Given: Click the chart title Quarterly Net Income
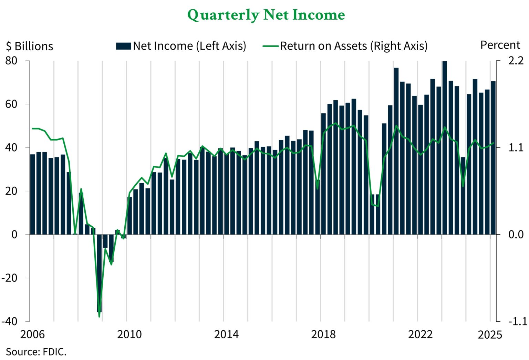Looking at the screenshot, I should click(266, 15).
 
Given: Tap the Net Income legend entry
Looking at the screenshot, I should click(181, 46).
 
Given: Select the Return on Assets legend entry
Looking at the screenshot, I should click(345, 46).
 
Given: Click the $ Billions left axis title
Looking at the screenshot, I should click(30, 46).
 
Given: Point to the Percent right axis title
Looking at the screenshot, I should click(500, 45).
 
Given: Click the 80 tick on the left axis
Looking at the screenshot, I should click(11, 61).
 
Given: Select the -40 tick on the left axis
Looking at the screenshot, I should click(10, 321).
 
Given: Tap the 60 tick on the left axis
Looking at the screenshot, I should click(11, 104).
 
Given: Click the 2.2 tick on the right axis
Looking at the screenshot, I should click(516, 61).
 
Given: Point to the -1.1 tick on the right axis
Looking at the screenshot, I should click(517, 321).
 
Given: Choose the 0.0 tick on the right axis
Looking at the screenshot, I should click(516, 235).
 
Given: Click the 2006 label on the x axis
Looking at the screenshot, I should click(32, 334).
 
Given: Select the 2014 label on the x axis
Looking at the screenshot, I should click(226, 334).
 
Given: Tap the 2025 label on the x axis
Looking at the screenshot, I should click(490, 335).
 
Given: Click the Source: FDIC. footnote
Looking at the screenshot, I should click(36, 352).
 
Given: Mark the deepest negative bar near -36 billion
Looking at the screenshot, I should click(99, 273).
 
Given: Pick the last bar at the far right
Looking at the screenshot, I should click(493, 158).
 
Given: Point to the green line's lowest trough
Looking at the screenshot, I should click(99, 316).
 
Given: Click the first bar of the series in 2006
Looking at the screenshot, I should click(33, 194).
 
